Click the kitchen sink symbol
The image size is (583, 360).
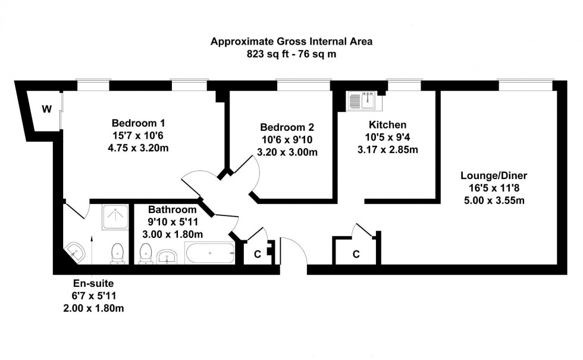(364, 101)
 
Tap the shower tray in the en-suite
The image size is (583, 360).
(115, 217)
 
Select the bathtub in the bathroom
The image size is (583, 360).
(210, 253)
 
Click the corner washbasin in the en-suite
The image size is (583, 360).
(74, 253)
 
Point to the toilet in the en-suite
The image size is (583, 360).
(117, 254)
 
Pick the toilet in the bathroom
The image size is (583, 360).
(146, 254)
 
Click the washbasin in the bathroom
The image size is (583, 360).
(167, 256)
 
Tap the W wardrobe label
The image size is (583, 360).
(46, 109)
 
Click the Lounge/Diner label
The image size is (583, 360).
(494, 176)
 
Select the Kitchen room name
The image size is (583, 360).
(387, 124)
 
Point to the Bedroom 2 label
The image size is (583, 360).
(287, 127)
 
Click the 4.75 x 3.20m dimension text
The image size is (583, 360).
(138, 148)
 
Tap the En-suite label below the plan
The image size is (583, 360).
(93, 283)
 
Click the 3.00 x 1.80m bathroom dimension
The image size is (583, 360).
(173, 234)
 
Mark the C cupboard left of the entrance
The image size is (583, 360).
(257, 255)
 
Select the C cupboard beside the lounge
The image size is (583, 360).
(356, 255)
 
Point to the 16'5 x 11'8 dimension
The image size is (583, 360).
(494, 188)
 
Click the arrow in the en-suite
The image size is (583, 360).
(92, 249)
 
